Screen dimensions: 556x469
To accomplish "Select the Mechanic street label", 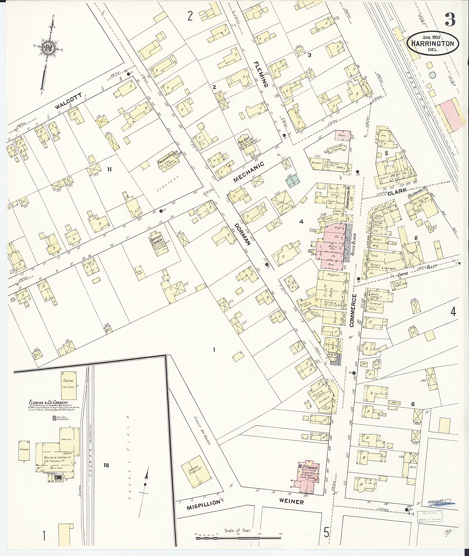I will point(249,172).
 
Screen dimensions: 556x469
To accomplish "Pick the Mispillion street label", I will point(204,504).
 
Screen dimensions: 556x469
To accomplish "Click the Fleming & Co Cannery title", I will point(49,403).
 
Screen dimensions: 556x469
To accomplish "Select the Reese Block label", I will point(353,244).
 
